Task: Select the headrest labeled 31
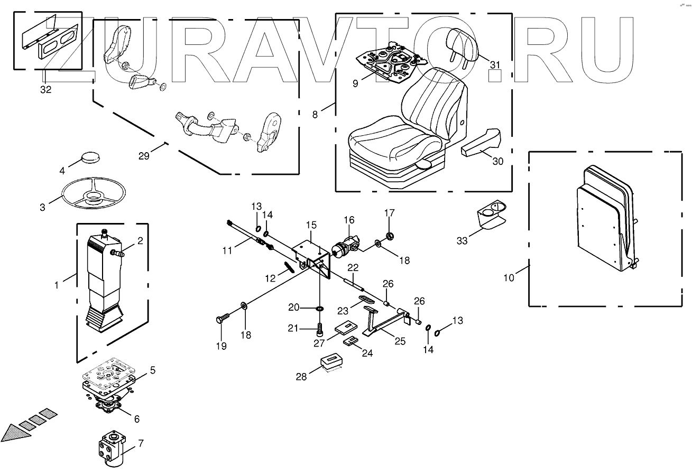point(462,41)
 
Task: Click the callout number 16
point(349,220)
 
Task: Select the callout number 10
point(509,278)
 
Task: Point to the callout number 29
point(144,156)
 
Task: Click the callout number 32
point(46,90)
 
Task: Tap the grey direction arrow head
point(12,433)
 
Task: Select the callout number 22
point(353,267)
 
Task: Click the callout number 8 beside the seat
point(315,114)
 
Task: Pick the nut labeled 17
point(390,235)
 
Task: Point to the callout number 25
point(400,341)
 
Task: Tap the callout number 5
point(152,370)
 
